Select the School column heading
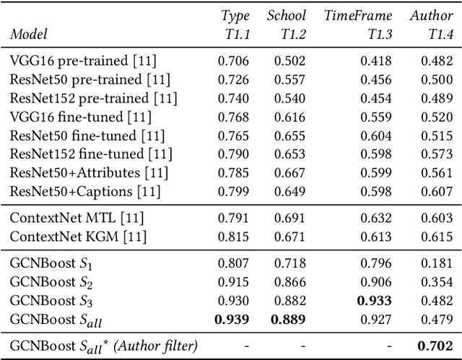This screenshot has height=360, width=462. [x=286, y=15]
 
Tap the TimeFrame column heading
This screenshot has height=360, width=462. [x=358, y=15]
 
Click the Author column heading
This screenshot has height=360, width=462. [x=431, y=15]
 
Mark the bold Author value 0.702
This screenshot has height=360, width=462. [x=437, y=345]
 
